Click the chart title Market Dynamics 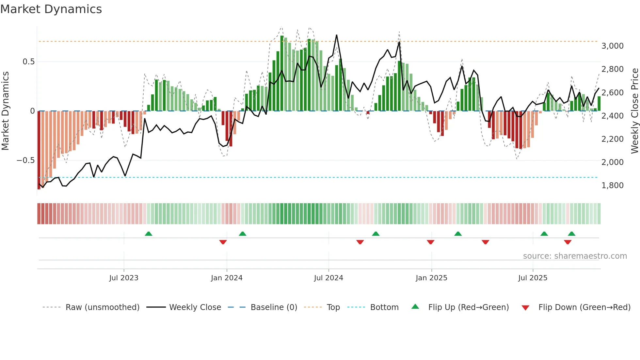(51, 9)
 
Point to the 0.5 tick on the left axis (28, 62)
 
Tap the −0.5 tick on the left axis (25, 160)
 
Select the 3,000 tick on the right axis (612, 46)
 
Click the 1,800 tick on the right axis (612, 186)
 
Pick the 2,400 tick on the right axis (612, 116)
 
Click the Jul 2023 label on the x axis (124, 278)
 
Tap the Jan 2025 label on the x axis (431, 278)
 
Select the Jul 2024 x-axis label (328, 278)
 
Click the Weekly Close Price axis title (634, 111)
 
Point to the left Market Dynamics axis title (5, 111)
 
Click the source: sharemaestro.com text (575, 256)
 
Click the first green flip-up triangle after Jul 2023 (149, 234)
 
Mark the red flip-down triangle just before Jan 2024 (223, 242)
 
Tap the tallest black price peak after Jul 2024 (336, 35)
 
